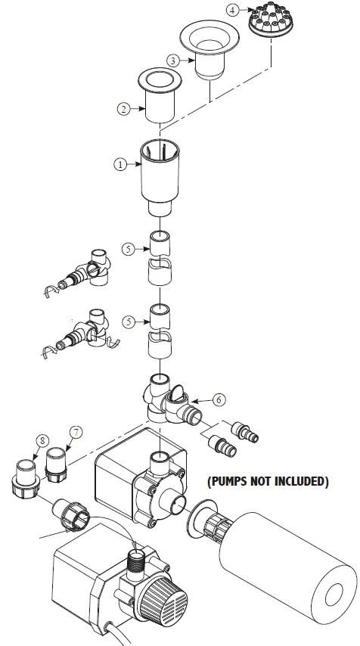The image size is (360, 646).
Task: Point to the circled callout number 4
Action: click(x=232, y=10)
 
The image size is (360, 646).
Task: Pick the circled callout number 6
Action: click(x=219, y=398)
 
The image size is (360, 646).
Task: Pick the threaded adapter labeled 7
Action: click(x=57, y=463)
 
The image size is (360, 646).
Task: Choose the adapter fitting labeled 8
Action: click(x=24, y=477)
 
